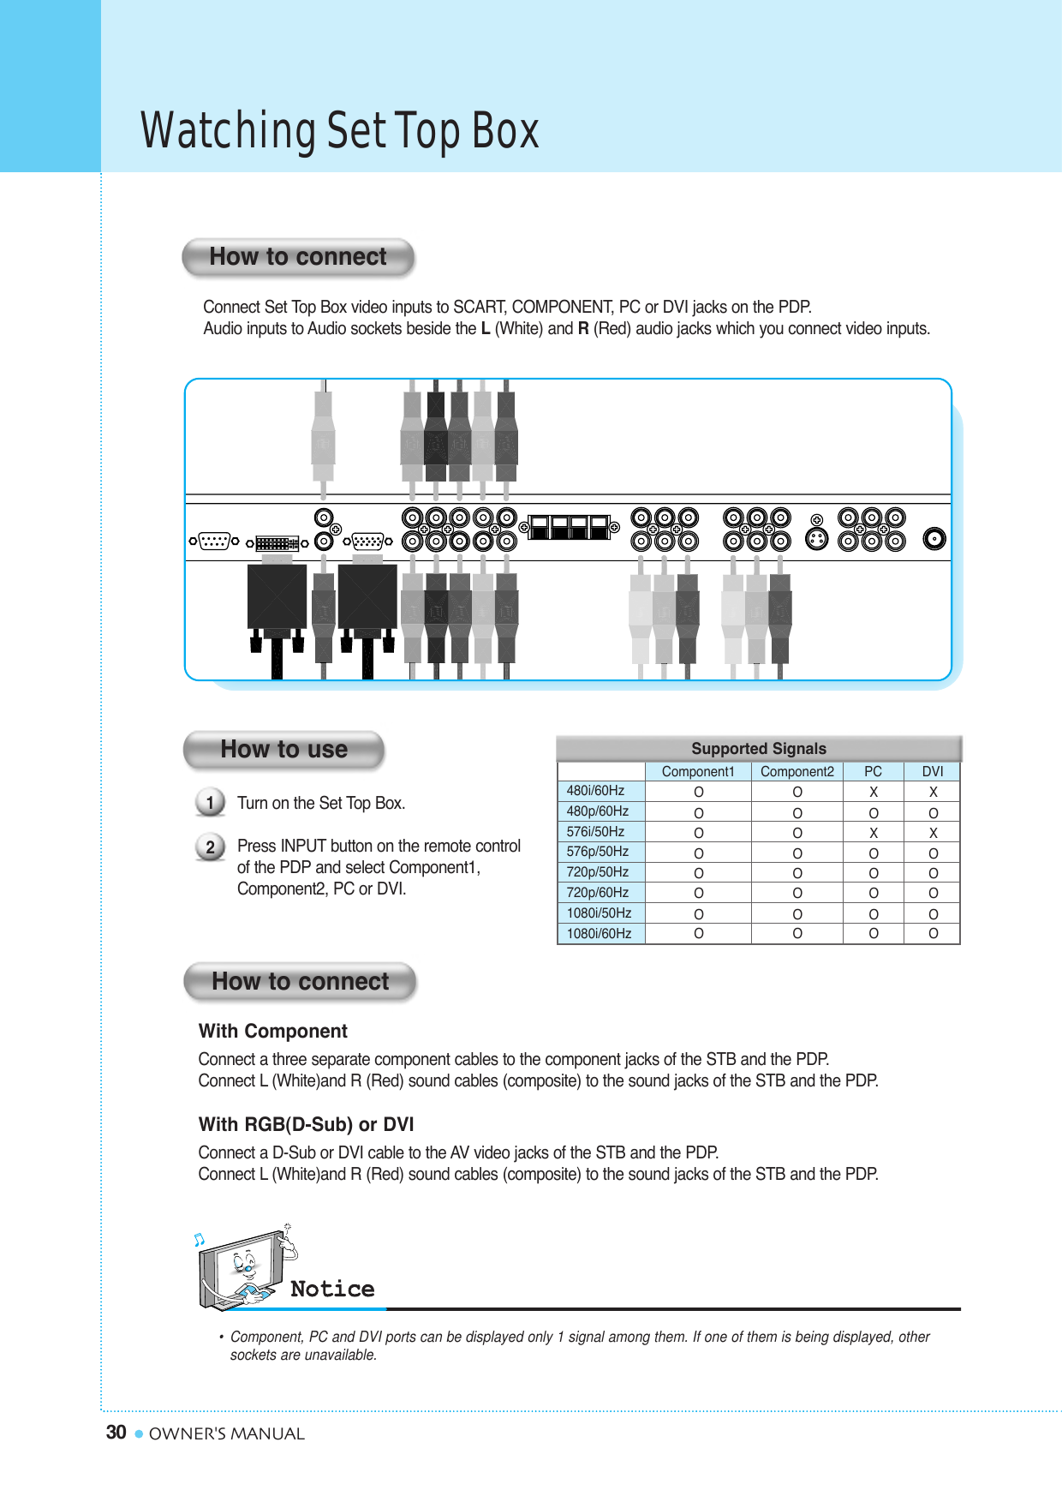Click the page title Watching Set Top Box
pos(340,131)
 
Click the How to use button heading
pos(283,750)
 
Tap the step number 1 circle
pos(210,803)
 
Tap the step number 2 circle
pos(210,847)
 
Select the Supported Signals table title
pos(759,749)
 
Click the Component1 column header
pos(698,772)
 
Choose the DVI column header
pos(933,772)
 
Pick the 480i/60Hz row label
pos(596,791)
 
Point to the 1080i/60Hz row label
pos(600,934)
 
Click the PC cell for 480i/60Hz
pos(874,792)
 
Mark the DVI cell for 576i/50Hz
pos(934,833)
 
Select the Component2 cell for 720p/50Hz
pos(797,873)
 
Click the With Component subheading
pos(273,1032)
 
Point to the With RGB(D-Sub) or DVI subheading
pos(306,1125)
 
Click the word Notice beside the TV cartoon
pos(332,1290)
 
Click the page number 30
pos(116,1433)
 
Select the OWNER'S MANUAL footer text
pos(227,1434)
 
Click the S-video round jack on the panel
pos(817,540)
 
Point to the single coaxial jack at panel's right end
pos(934,539)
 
